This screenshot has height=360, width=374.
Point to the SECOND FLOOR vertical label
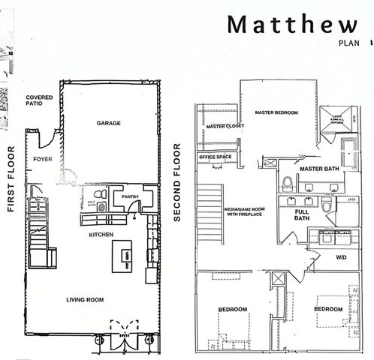coord(178,183)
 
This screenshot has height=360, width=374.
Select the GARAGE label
coord(109,122)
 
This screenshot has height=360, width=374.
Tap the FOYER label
coord(41,160)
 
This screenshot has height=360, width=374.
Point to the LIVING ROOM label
coord(84,299)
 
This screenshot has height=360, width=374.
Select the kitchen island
coord(121,257)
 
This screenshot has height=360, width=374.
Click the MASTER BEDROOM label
coord(276,112)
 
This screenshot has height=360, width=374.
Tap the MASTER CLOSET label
coord(220,127)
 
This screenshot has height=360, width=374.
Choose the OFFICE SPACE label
coord(215,157)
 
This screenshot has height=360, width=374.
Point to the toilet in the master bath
coord(288,183)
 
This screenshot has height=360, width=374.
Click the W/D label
coord(341,257)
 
